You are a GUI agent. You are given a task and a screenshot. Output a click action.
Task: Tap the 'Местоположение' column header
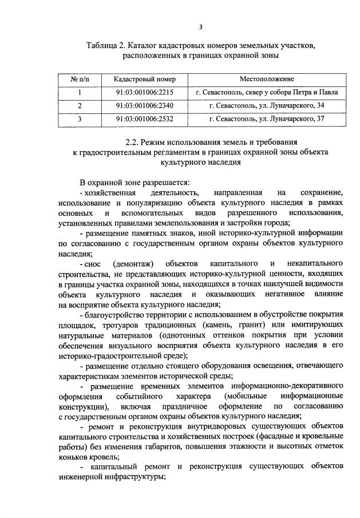pos(267,78)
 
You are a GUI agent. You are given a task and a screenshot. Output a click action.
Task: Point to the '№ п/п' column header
pos(80,78)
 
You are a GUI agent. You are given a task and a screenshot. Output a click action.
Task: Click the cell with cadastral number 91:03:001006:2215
pos(145,92)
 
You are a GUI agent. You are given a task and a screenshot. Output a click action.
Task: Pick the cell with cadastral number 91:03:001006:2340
pos(145,106)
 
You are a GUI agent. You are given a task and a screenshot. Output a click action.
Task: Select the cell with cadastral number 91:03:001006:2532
pos(145,119)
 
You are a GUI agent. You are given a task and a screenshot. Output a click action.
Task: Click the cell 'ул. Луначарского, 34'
pos(267,106)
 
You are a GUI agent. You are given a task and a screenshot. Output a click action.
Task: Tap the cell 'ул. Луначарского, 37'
pos(267,119)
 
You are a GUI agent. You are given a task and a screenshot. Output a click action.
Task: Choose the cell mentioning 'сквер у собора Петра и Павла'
pos(267,92)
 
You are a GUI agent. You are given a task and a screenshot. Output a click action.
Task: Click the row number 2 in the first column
pos(80,106)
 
